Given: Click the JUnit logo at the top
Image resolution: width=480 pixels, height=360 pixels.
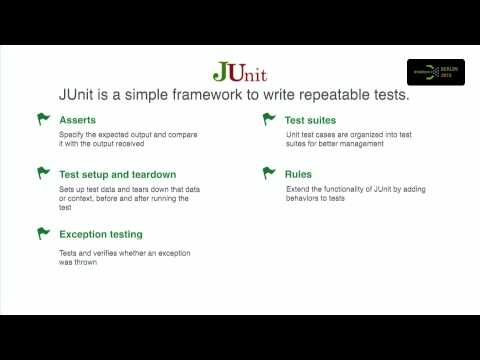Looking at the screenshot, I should click(x=240, y=72).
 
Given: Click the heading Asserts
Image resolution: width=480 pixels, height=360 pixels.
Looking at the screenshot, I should click(x=78, y=119).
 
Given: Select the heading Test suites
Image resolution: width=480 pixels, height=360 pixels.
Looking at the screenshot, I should click(x=312, y=119).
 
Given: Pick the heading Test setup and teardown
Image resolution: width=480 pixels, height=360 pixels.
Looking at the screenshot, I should click(x=124, y=174).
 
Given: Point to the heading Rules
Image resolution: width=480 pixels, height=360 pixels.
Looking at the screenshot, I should click(x=298, y=174).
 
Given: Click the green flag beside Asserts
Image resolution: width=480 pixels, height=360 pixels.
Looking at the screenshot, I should click(x=43, y=119).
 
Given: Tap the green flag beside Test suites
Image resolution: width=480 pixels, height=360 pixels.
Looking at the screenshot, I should click(x=269, y=119).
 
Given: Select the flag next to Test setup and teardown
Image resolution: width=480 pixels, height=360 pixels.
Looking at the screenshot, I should click(x=43, y=174).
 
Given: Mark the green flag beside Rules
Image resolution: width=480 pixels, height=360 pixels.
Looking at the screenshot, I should click(x=269, y=174).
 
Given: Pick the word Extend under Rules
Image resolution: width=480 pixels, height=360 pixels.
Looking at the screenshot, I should click(x=300, y=188).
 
